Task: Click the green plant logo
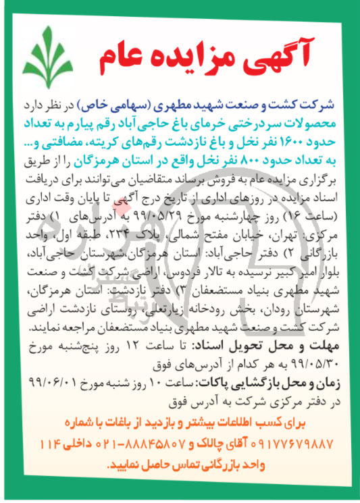tap(46, 52)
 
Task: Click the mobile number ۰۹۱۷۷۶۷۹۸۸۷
tap(290, 444)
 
